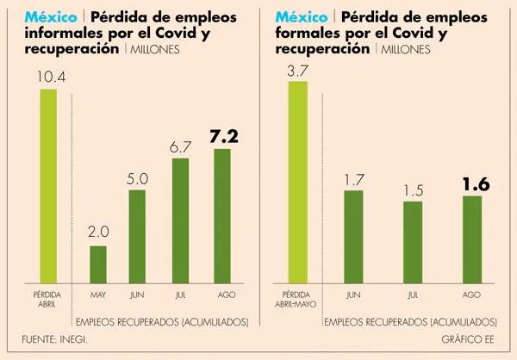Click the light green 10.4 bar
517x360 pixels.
point(48,185)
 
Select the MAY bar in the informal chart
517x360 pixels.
point(97,264)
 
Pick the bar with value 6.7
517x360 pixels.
point(180,220)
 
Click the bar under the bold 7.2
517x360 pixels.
point(221,215)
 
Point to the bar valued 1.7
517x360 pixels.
point(353,237)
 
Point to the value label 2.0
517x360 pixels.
point(97,233)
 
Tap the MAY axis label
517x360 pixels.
point(97,295)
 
